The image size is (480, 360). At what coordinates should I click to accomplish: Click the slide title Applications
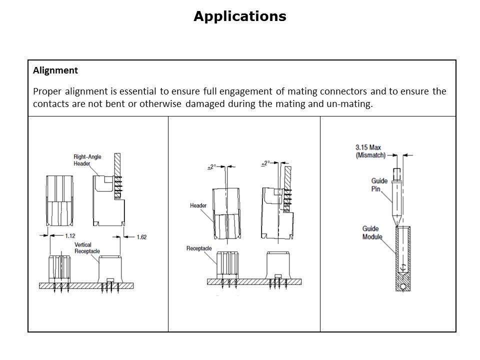click(x=239, y=16)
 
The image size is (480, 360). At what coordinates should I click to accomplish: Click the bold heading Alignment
click(x=55, y=70)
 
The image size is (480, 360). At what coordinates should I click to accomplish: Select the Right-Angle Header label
click(x=87, y=160)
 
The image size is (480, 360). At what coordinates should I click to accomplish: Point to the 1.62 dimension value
click(x=141, y=236)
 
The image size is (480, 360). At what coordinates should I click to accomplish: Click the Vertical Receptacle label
click(x=87, y=248)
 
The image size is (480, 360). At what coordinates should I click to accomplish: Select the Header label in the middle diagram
click(x=198, y=205)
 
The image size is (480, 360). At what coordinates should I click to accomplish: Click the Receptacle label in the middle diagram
click(x=199, y=248)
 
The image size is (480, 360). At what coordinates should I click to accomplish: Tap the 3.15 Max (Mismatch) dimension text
click(x=370, y=151)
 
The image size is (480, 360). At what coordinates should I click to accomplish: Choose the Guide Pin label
click(x=379, y=185)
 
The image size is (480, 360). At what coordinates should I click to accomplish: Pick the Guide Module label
click(x=372, y=232)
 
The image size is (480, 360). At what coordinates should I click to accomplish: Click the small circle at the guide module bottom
click(x=403, y=287)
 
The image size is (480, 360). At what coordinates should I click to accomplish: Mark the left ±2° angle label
click(x=211, y=167)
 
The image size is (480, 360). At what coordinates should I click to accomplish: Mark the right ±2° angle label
click(x=266, y=163)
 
